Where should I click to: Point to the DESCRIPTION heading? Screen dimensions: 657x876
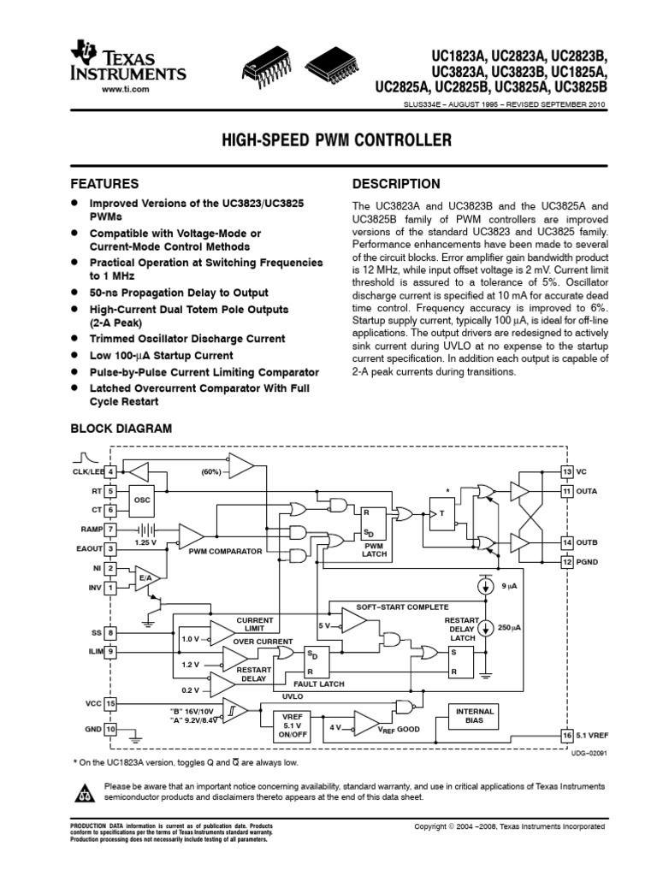(x=396, y=184)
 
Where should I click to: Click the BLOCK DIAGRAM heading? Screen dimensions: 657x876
(x=120, y=428)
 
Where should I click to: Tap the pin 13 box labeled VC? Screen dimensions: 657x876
(x=566, y=472)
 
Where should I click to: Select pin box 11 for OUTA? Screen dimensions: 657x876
(x=566, y=491)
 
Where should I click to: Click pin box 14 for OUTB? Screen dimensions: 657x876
(x=566, y=542)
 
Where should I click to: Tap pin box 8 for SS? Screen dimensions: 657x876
(x=110, y=633)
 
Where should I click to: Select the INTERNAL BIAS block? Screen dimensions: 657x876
(x=475, y=716)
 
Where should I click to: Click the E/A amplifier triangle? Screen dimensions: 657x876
(x=145, y=577)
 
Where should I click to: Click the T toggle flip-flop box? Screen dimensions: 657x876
(x=442, y=513)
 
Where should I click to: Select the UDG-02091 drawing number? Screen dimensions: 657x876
(x=589, y=753)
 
